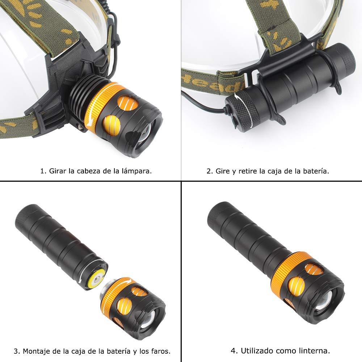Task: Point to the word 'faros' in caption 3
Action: click(161, 351)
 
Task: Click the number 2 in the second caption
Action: click(209, 171)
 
